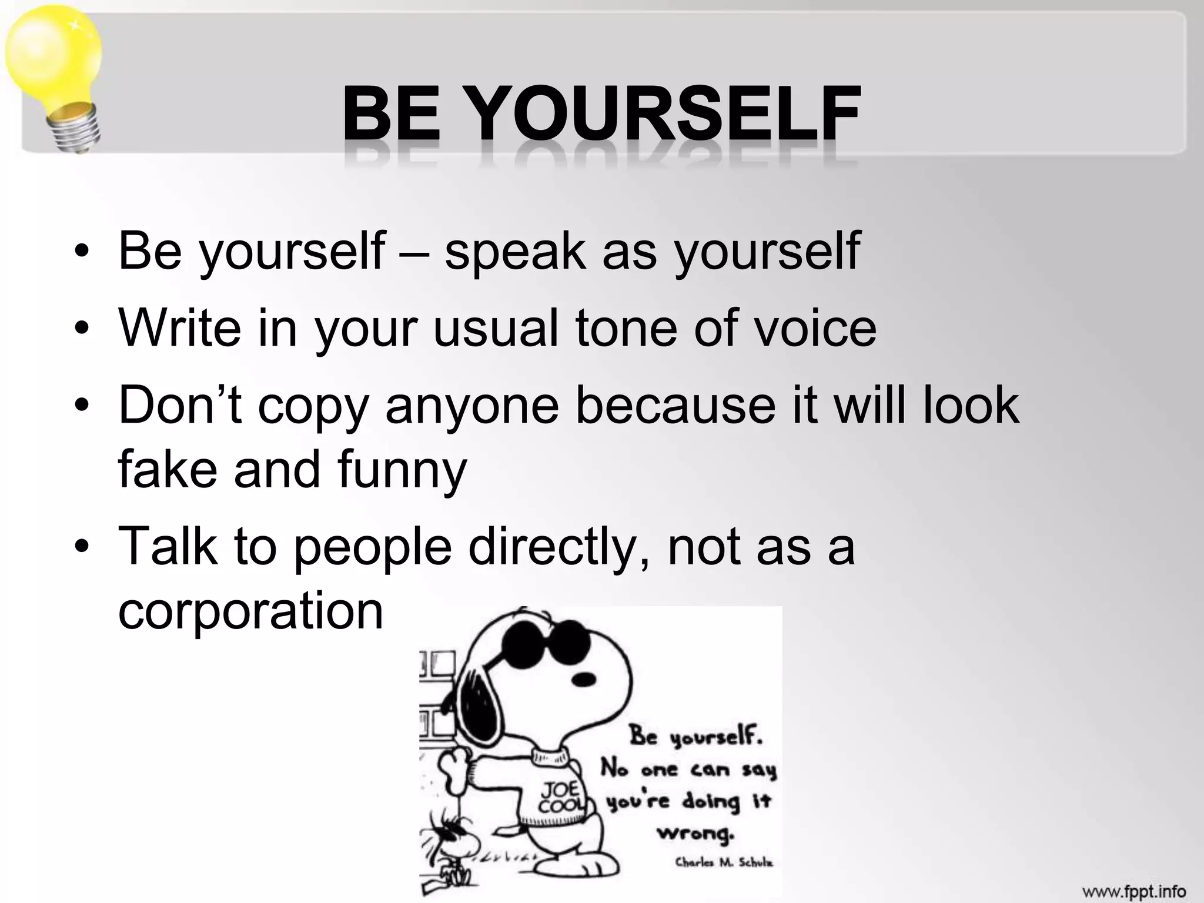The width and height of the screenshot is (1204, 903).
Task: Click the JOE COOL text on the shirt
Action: pos(561,797)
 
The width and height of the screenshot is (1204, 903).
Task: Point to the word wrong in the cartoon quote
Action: pos(695,834)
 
